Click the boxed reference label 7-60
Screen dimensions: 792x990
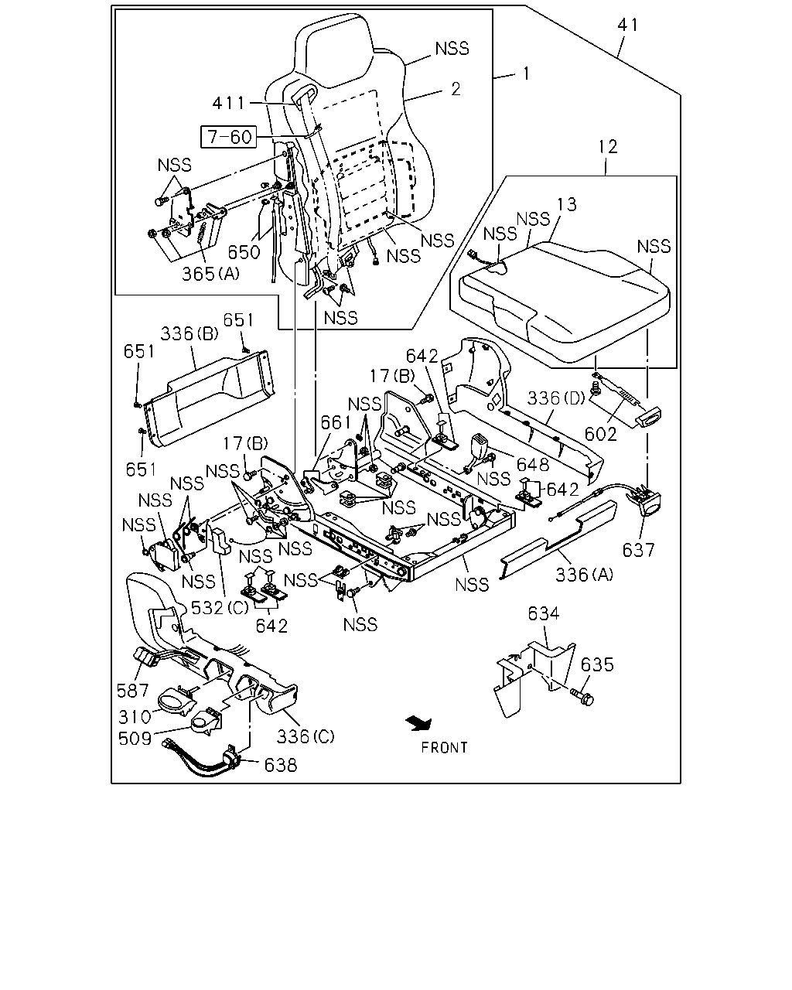click(229, 137)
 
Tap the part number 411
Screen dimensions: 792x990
click(229, 103)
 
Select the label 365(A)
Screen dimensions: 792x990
click(211, 274)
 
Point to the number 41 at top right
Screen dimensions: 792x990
click(628, 25)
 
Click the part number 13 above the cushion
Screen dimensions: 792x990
click(566, 204)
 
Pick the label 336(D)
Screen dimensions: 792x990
click(556, 398)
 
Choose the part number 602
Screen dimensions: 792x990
click(600, 434)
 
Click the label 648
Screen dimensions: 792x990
click(533, 465)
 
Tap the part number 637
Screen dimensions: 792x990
click(638, 550)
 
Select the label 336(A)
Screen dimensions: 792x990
click(585, 574)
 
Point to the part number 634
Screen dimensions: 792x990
click(544, 613)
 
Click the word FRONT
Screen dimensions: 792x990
click(444, 748)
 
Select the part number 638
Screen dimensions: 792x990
click(280, 765)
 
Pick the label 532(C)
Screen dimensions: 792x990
click(220, 608)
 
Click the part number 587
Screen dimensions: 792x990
click(132, 691)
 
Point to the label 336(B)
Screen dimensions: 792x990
click(189, 333)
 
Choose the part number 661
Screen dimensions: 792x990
click(336, 422)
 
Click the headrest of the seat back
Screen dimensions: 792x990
click(331, 50)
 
